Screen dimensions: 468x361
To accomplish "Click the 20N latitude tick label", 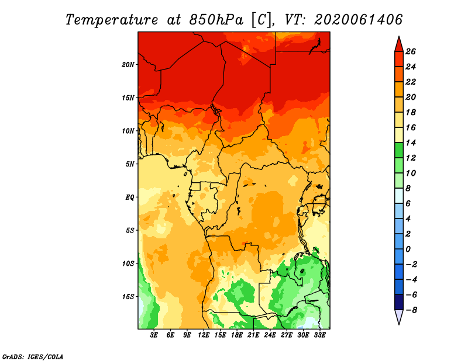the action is tap(128, 65).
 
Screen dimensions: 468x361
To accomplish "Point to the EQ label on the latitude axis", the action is tap(130, 197).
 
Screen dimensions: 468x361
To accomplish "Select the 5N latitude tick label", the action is tap(130, 164).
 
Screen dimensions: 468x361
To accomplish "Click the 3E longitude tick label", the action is tap(154, 335).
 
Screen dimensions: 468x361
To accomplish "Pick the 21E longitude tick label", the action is tap(253, 335).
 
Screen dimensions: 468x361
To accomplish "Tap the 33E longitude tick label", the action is tap(319, 335).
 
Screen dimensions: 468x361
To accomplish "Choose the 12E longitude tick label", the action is tap(203, 335).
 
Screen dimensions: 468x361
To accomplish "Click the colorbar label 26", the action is tap(411, 51).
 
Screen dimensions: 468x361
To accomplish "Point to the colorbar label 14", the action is tap(411, 143).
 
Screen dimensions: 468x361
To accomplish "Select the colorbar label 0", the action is tap(408, 249).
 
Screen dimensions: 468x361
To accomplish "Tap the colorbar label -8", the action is tap(411, 310).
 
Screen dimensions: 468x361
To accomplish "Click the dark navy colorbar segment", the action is tap(399, 302).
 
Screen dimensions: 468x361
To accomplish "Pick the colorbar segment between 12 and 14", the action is tap(399, 150).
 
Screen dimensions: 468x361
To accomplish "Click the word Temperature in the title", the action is tap(112, 20).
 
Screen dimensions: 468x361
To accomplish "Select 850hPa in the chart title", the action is tap(216, 20).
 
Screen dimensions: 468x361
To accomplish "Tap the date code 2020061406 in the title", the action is tap(359, 20).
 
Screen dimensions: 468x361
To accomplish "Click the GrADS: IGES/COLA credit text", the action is tap(33, 356).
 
